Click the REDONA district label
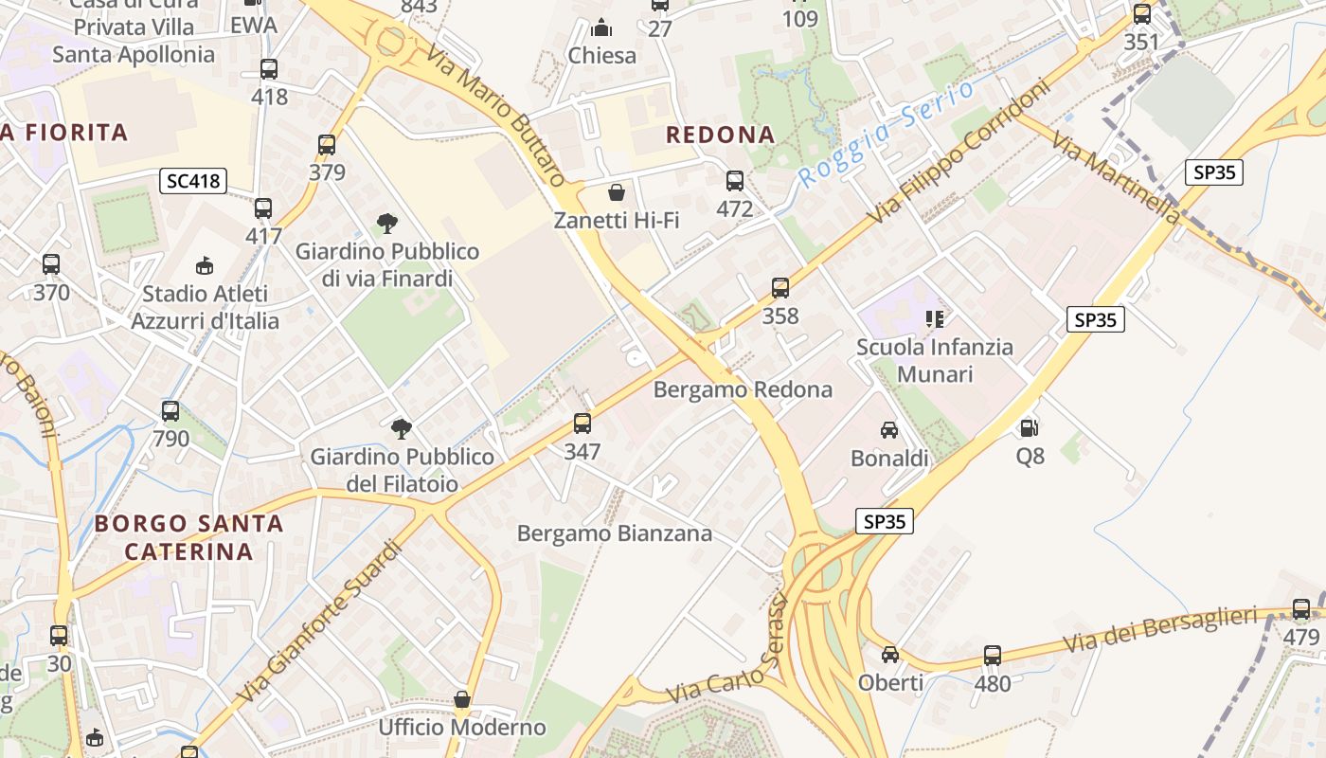click(x=720, y=135)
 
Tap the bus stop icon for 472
click(x=734, y=181)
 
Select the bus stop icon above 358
click(x=779, y=287)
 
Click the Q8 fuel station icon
click(x=1030, y=428)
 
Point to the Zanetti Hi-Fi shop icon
click(x=617, y=193)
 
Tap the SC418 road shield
click(x=193, y=180)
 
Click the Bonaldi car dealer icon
click(x=888, y=430)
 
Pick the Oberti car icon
click(x=889, y=655)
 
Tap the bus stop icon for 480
click(x=992, y=655)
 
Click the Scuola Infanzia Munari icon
click(x=935, y=319)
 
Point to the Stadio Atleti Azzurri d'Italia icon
click(x=204, y=266)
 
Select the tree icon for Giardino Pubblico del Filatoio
click(x=402, y=429)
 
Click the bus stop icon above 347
click(x=582, y=424)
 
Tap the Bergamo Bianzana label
click(x=614, y=533)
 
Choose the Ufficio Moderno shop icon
click(x=462, y=700)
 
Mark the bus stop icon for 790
click(x=170, y=411)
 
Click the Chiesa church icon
click(x=601, y=27)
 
